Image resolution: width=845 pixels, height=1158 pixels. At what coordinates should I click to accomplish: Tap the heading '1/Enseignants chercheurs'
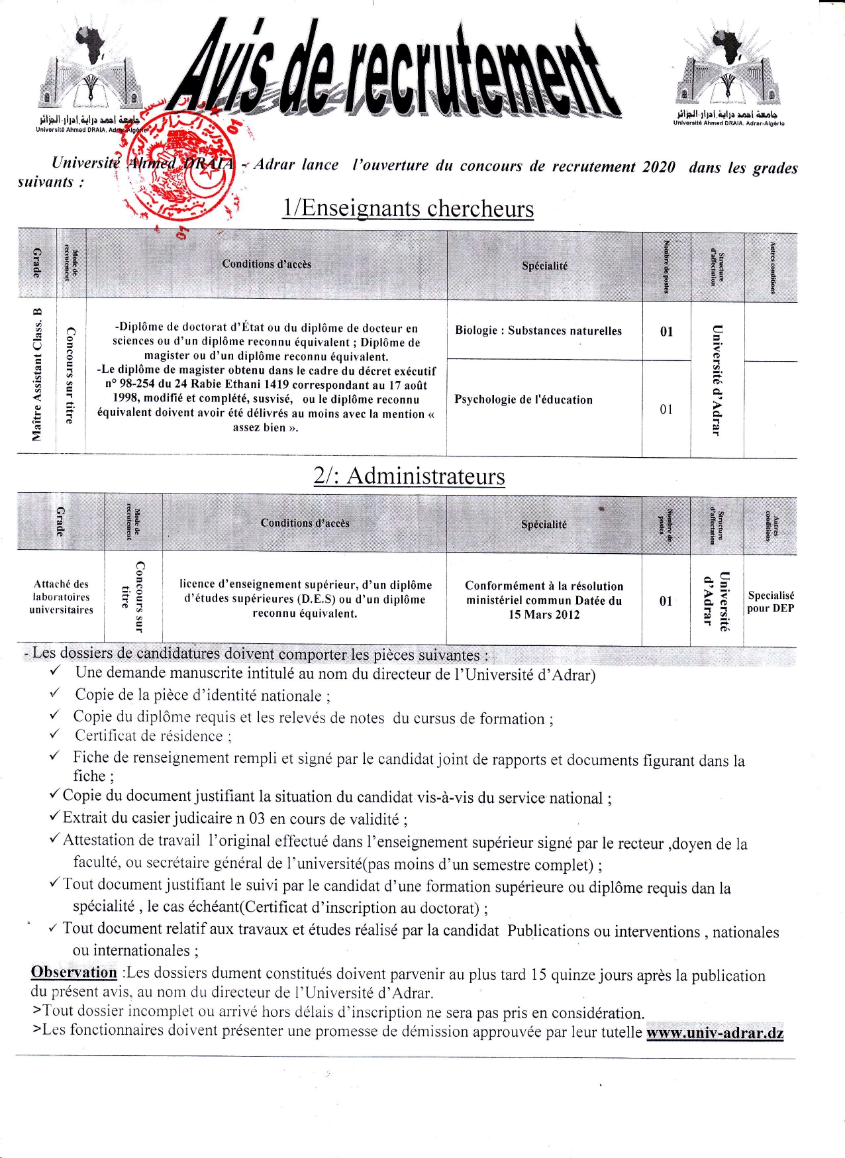click(408, 208)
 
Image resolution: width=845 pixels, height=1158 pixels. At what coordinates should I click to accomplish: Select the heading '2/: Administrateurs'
click(409, 476)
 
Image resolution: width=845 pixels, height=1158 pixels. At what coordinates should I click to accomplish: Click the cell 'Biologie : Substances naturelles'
click(538, 331)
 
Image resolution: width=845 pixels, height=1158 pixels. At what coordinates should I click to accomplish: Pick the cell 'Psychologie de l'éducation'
click(523, 399)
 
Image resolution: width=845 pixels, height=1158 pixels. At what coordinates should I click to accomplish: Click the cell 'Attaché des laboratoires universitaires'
click(61, 597)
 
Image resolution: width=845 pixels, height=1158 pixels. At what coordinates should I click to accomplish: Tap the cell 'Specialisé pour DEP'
click(770, 602)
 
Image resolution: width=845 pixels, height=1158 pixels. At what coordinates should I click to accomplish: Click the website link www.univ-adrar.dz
click(715, 1033)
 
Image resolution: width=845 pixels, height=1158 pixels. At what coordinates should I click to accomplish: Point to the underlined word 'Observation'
click(74, 972)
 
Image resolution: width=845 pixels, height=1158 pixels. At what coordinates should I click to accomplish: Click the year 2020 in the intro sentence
click(658, 167)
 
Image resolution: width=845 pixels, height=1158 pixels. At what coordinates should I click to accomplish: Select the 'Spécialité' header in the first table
click(544, 266)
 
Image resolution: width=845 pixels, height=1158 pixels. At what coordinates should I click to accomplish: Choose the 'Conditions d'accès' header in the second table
click(305, 523)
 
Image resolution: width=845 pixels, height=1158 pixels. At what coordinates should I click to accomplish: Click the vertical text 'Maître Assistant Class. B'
click(37, 374)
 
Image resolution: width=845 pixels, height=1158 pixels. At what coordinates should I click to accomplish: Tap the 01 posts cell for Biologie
click(666, 331)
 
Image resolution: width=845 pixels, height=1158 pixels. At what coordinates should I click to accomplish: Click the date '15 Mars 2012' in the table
click(544, 615)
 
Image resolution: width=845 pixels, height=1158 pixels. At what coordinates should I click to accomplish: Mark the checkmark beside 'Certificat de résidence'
click(55, 735)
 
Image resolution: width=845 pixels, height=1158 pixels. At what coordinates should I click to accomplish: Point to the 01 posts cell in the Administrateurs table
click(666, 601)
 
